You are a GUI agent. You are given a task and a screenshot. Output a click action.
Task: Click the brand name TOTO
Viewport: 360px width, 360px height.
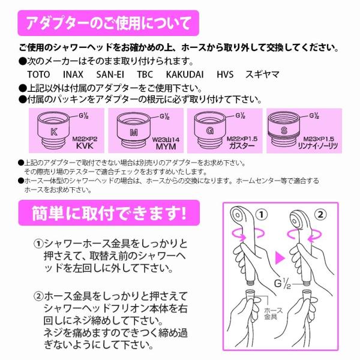pyautogui.click(x=40, y=75)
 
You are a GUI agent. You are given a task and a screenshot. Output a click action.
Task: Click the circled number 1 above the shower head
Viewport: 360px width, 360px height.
pyautogui.click(x=262, y=214)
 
